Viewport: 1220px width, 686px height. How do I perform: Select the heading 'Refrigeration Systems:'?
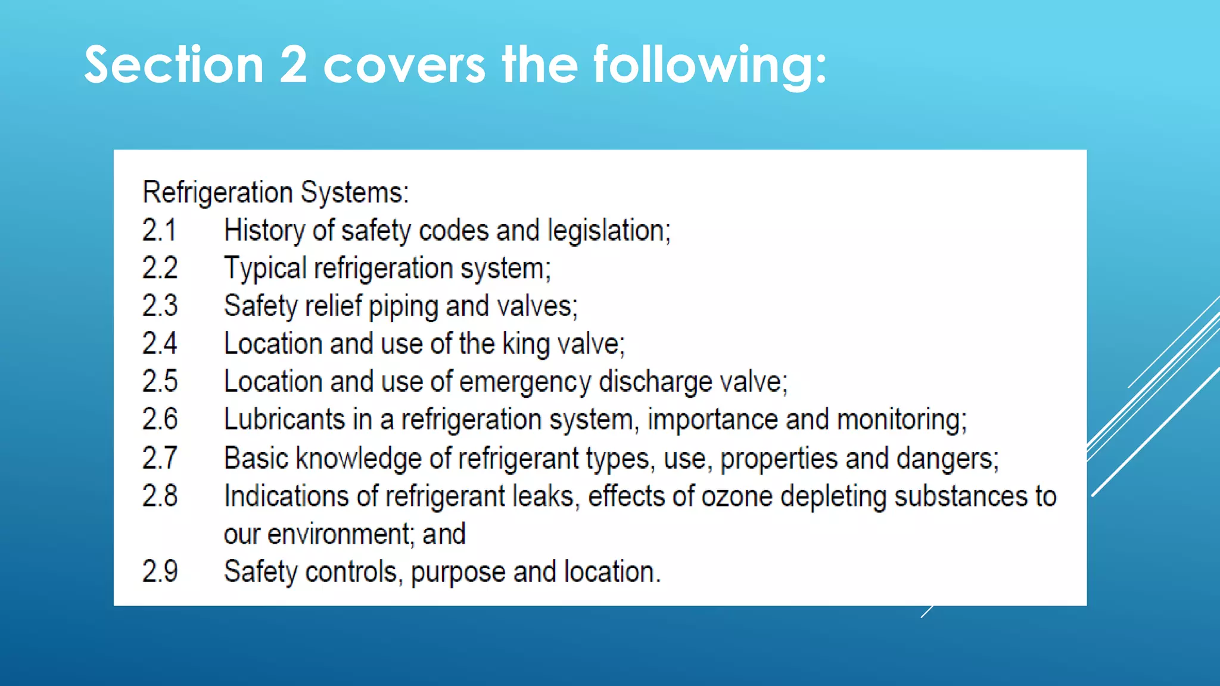click(276, 192)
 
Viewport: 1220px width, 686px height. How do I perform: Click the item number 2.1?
click(160, 230)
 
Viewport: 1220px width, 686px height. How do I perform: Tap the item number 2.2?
click(160, 269)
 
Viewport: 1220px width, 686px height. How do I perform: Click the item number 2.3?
click(160, 306)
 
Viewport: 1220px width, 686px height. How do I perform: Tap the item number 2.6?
click(160, 420)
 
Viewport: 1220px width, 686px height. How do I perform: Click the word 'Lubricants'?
click(284, 420)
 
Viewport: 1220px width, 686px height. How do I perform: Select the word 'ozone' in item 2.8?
click(737, 497)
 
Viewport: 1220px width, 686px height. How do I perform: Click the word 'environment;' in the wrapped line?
click(340, 534)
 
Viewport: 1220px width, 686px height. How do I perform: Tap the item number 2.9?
click(160, 572)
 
